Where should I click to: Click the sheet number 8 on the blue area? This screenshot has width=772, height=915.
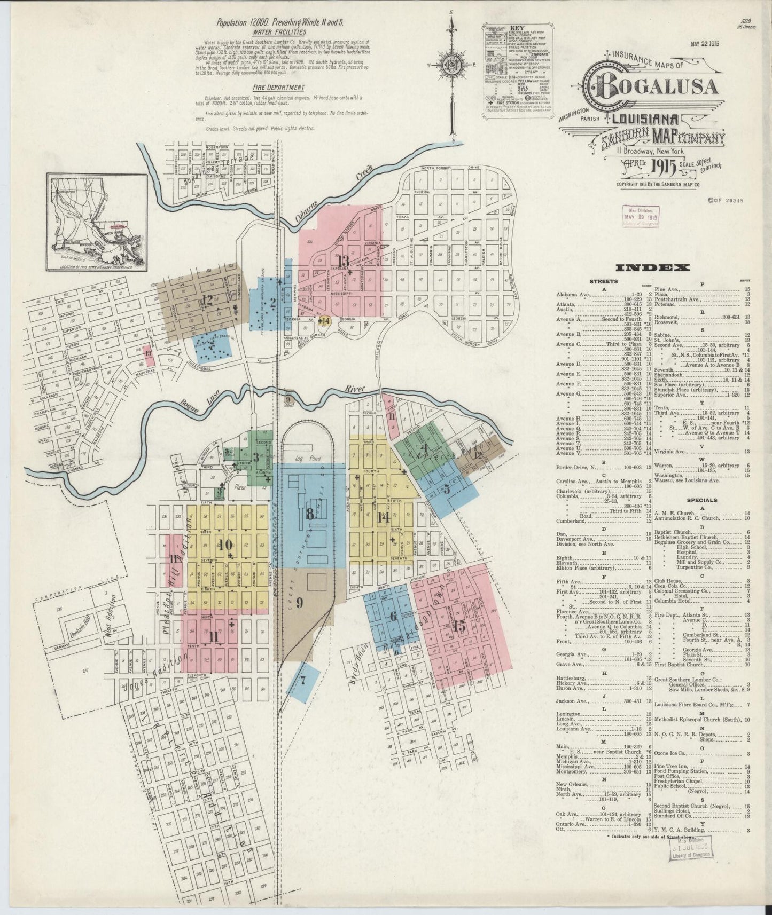pos(309,515)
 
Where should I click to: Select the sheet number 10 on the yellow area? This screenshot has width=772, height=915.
pos(225,545)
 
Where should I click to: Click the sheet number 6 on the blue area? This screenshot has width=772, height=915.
pos(393,616)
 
